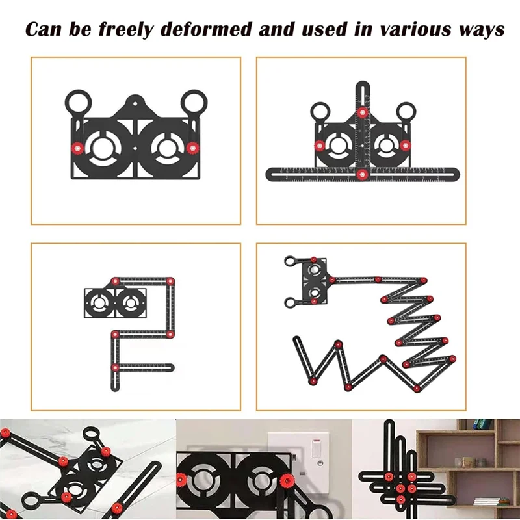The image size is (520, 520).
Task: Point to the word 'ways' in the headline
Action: click(479, 30)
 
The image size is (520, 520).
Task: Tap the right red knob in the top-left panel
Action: click(192, 148)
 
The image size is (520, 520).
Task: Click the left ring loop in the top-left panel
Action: click(77, 102)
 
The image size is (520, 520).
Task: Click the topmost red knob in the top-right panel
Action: click(362, 112)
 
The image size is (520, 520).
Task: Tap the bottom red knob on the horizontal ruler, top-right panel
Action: click(362, 173)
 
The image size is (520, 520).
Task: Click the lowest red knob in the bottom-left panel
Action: click(115, 368)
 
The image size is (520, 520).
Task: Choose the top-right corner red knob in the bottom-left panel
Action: click(170, 281)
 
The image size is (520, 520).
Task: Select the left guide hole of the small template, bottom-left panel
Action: click(101, 302)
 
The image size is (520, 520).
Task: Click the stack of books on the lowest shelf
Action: click(487, 501)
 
